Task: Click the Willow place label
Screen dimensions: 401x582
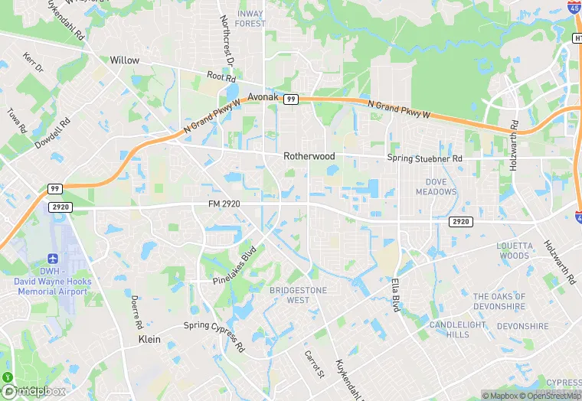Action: tap(125, 60)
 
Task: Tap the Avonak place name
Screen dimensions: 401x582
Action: tap(264, 97)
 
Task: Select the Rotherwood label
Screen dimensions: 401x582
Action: tap(309, 156)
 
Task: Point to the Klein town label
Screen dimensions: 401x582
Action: tap(149, 339)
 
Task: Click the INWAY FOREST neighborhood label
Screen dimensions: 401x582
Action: tap(250, 18)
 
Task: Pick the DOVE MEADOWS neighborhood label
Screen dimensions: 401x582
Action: tap(436, 187)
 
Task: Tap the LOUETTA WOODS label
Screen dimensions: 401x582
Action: tap(513, 250)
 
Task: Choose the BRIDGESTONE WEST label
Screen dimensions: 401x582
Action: tap(298, 295)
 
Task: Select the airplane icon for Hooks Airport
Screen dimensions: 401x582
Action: tap(53, 260)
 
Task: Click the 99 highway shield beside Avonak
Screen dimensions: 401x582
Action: tap(290, 99)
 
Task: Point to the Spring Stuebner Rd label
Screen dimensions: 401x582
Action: tap(425, 158)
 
